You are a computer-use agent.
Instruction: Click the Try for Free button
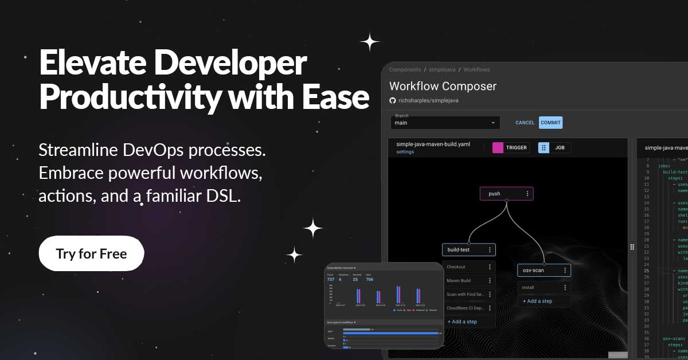(x=91, y=253)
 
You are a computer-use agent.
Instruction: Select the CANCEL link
(x=525, y=123)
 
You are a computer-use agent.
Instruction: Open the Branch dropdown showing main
(x=445, y=123)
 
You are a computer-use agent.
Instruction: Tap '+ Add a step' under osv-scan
(x=537, y=301)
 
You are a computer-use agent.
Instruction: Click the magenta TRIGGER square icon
(x=498, y=147)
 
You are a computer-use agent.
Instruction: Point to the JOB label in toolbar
(x=560, y=147)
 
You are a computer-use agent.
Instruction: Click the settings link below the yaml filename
(x=405, y=152)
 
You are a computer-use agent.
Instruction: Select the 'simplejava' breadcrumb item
(x=442, y=70)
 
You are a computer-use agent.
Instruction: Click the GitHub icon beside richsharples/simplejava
(x=393, y=100)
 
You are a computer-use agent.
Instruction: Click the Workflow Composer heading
(x=443, y=87)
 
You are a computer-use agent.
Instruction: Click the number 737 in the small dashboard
(x=330, y=279)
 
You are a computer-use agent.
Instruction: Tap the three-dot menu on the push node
(x=527, y=194)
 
